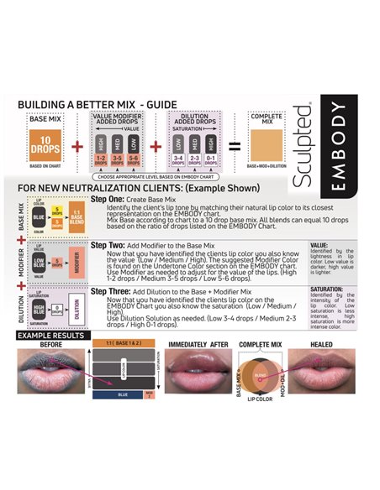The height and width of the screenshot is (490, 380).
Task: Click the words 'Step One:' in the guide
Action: point(109,201)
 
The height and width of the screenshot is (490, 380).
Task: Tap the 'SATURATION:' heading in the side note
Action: point(328,288)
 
